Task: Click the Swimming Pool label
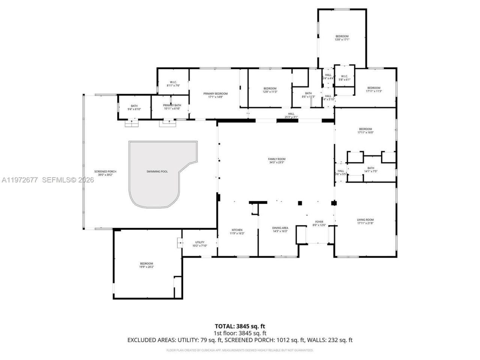[x=157, y=171]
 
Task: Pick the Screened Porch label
[x=105, y=173]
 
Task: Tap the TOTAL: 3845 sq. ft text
[x=240, y=326]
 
